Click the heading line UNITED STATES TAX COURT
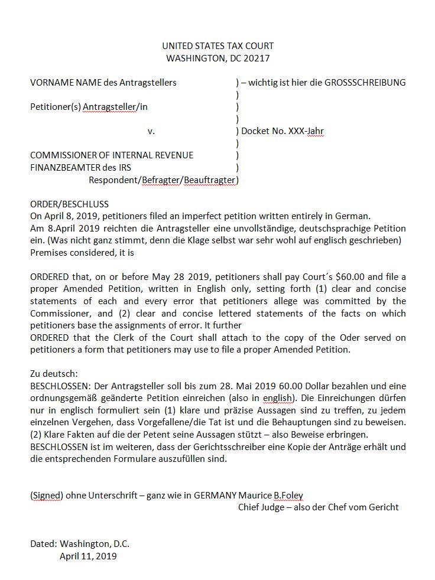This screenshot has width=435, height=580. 218,46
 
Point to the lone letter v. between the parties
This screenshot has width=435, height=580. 151,131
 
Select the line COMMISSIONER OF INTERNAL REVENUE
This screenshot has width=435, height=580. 112,155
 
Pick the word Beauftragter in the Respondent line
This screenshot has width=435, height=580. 210,180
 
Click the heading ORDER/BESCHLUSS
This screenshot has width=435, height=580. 69,204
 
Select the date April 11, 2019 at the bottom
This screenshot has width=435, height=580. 88,556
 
